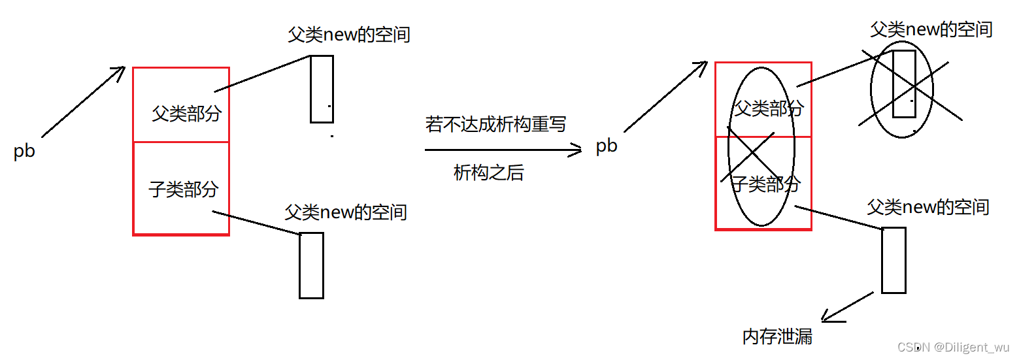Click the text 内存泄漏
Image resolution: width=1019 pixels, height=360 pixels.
(x=777, y=336)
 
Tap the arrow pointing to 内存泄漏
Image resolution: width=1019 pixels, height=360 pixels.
(x=847, y=307)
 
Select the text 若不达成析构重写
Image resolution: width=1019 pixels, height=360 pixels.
(x=495, y=124)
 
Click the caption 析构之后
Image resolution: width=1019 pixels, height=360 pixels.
(x=488, y=172)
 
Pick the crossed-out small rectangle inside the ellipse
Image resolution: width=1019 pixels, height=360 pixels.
(x=903, y=83)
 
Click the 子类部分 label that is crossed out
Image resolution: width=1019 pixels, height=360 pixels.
(x=765, y=184)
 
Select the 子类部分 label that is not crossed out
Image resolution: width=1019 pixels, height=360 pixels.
(x=183, y=189)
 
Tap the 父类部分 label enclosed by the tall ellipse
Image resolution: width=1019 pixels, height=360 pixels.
(x=769, y=108)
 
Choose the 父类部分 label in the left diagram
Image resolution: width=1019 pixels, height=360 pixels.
(x=186, y=114)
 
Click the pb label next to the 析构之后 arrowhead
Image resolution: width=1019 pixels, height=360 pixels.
(x=607, y=146)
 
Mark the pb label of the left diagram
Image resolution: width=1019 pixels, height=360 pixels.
(x=24, y=151)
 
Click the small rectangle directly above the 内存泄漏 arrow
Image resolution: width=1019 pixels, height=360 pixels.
(x=894, y=260)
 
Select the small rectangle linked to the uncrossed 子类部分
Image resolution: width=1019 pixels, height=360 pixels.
(x=311, y=265)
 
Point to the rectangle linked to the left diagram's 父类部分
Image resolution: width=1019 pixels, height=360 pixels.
(x=322, y=89)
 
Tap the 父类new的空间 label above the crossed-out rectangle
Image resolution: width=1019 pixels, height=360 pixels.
(x=931, y=29)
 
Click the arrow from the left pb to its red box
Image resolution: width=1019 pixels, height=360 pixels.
(x=83, y=101)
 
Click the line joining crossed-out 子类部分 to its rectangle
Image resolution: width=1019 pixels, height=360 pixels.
(x=839, y=218)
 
